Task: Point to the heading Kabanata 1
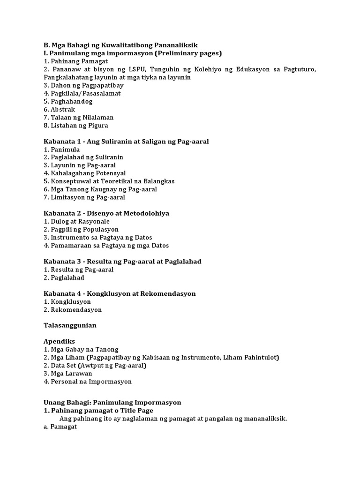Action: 61,141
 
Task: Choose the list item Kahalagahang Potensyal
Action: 85,173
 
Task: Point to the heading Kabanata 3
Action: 61,261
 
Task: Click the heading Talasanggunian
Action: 70,325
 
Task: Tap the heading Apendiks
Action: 59,341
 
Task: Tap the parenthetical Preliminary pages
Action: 191,53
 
